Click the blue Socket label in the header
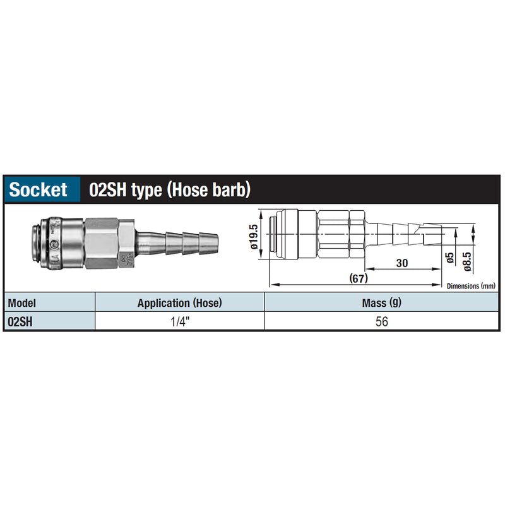pos(39,189)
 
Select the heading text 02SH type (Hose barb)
pos(170,190)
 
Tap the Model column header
pos(21,303)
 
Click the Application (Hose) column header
pos(180,303)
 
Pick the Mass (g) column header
pos(382,303)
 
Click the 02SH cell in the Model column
pos(20,321)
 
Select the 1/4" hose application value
pos(180,321)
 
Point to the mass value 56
pos(382,321)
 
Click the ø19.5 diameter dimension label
pos(254,237)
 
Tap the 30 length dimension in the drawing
pos(402,263)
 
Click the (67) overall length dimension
pos(359,278)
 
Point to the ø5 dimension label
pos(450,258)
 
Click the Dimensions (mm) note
pos(471,286)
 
